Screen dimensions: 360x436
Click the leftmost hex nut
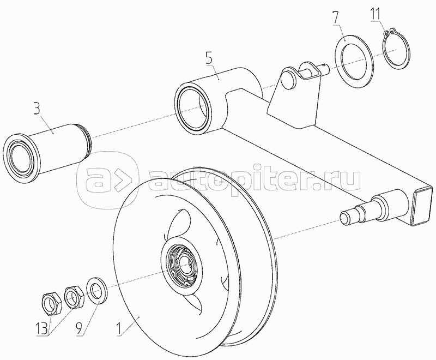point(52,303)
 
